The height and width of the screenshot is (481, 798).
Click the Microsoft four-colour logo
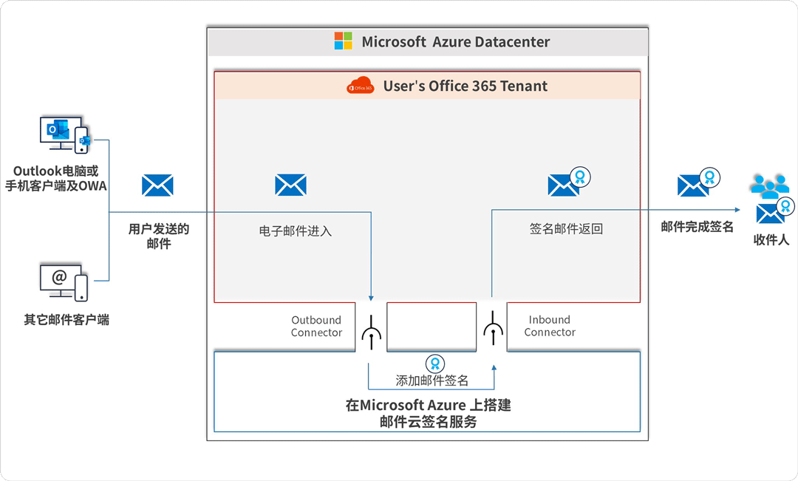[x=343, y=41]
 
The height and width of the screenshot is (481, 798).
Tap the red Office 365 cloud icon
[x=361, y=86]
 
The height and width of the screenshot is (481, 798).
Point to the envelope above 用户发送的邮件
[x=157, y=185]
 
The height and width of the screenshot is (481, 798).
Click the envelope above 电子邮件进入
[x=290, y=185]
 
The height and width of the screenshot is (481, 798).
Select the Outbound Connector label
[x=316, y=327]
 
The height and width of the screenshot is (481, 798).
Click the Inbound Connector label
[x=550, y=327]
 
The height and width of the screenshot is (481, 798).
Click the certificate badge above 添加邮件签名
[x=434, y=364]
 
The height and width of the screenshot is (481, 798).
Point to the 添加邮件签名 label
[x=432, y=381]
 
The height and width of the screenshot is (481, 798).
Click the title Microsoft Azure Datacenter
[x=455, y=42]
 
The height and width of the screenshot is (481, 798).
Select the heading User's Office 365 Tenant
[x=465, y=86]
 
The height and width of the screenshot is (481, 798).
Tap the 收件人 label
[x=771, y=240]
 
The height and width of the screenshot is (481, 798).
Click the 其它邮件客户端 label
[x=66, y=320]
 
